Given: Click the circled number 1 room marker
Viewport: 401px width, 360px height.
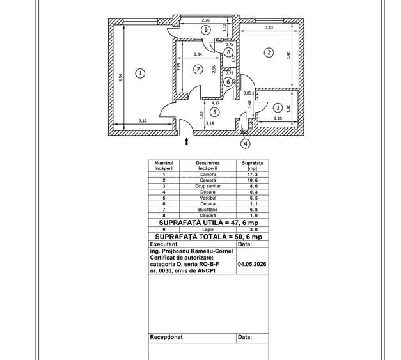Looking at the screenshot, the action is pos(140,74).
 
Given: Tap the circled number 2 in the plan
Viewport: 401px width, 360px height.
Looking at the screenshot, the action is pos(269,52).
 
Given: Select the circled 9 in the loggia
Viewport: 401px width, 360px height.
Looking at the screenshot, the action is pos(205,30).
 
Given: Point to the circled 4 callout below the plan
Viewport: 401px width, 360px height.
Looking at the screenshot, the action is pos(246,144).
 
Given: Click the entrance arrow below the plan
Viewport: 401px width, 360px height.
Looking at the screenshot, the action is pos(187,141).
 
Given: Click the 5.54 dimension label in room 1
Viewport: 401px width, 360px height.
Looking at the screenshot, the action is pos(121,78).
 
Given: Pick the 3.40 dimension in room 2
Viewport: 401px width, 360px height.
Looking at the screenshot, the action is pos(288,56).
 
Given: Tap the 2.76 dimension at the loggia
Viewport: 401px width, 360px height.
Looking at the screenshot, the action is pos(205,20).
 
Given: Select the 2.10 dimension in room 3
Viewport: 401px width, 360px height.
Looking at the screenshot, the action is pos(278,118).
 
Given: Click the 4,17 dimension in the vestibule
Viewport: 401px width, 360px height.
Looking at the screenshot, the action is pos(216,103).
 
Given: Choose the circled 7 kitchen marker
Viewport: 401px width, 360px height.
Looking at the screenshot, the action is pos(198,69).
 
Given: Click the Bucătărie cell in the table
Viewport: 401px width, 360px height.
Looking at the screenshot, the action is pos(208,210).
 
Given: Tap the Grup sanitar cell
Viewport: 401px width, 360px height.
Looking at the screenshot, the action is pos(208,186).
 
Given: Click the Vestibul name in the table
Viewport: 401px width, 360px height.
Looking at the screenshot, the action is pos(208,198).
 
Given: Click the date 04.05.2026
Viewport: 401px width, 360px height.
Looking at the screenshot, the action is pos(252,264).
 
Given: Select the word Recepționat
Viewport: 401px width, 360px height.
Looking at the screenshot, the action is pos(166,337).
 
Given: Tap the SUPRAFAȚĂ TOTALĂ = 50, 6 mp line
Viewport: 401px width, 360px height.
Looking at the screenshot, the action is pos(208,237).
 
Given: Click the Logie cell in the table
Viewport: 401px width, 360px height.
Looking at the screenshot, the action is pos(208,230).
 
